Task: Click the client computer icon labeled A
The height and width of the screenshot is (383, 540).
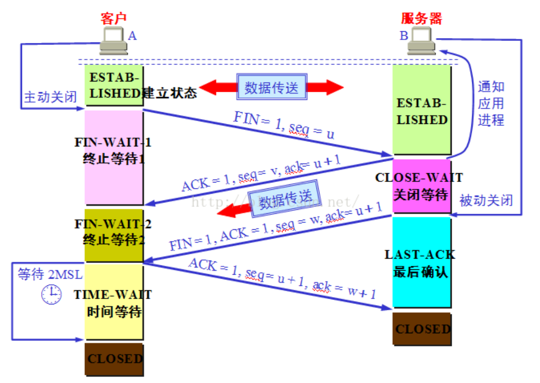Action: tap(114, 41)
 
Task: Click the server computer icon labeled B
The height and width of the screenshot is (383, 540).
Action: tap(422, 41)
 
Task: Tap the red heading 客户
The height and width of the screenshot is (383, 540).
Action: tap(113, 19)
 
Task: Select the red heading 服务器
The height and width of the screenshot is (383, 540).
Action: tap(421, 19)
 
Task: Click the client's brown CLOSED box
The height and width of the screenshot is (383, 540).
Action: tap(114, 359)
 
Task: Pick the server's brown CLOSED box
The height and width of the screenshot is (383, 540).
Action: tap(422, 329)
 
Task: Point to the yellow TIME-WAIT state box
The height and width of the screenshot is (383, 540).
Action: tap(114, 302)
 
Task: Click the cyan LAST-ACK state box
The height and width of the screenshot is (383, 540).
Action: tap(422, 262)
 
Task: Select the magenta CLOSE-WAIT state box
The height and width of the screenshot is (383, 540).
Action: tap(422, 186)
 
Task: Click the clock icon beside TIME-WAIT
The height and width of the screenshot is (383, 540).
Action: tap(51, 295)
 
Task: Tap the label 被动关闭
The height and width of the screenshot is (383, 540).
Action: tap(486, 200)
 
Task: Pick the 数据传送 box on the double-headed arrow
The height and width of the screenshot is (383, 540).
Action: tap(271, 88)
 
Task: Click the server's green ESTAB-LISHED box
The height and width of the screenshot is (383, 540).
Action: tap(422, 111)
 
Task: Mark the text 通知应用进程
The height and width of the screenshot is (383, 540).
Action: tap(490, 103)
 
